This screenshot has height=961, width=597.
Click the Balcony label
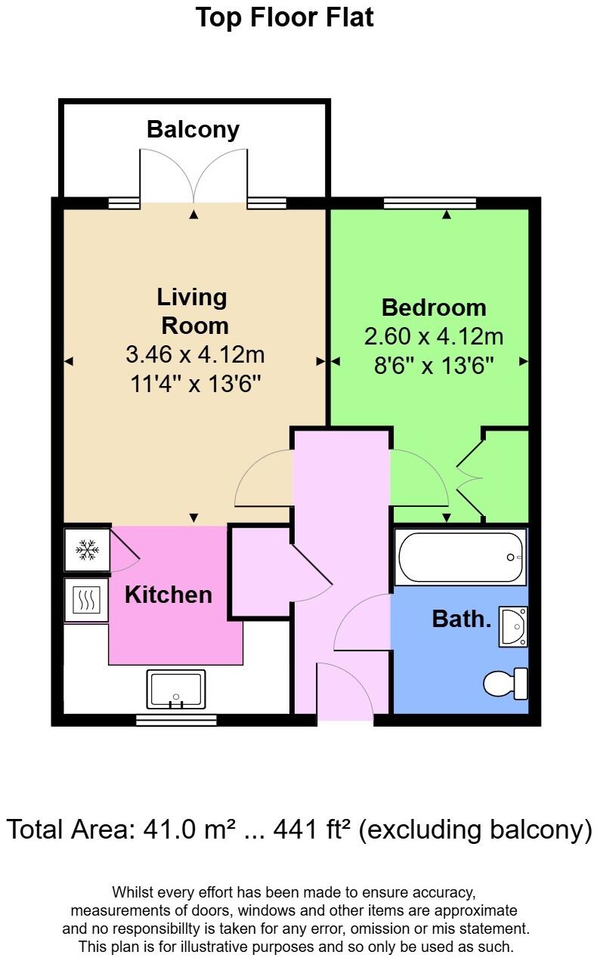click(x=193, y=129)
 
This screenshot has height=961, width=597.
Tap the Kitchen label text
click(x=168, y=595)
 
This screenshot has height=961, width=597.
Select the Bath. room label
click(x=461, y=620)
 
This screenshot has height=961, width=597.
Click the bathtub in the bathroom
click(x=460, y=558)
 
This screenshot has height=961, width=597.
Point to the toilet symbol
click(x=505, y=683)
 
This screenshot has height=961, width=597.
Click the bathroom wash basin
click(x=513, y=626)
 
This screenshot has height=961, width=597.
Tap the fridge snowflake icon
click(x=87, y=550)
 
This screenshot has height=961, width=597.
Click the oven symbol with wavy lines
click(x=86, y=601)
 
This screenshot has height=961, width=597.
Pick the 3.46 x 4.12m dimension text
click(x=194, y=354)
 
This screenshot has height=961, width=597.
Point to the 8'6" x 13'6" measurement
click(x=433, y=366)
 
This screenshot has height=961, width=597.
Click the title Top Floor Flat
click(x=285, y=17)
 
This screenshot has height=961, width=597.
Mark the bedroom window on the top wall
click(x=430, y=202)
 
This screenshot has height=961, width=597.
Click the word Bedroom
click(x=433, y=307)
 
